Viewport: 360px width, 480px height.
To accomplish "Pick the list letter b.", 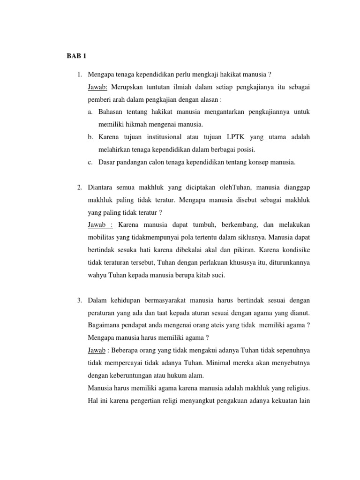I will [x=90, y=137].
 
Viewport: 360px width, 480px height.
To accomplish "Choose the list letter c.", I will [x=90, y=162].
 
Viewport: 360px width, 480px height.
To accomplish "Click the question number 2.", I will [x=80, y=187].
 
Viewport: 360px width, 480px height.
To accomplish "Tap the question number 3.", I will [x=80, y=300].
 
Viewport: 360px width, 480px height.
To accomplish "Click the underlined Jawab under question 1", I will [x=98, y=87].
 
